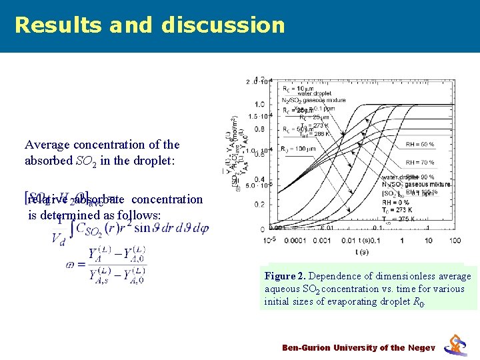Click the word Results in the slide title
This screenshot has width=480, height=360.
tap(52, 25)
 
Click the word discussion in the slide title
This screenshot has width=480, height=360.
tap(223, 25)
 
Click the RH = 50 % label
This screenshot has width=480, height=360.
tap(420, 144)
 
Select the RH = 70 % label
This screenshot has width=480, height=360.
tap(420, 162)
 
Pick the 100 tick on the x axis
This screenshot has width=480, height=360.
tap(455, 240)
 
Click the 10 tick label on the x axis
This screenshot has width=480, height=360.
tap(429, 240)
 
